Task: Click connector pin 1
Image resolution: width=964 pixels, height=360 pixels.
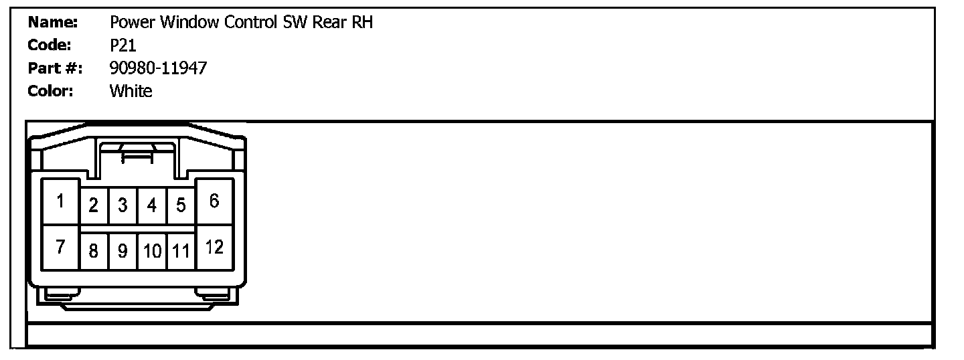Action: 60,201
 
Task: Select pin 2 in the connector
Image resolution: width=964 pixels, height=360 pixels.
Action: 94,205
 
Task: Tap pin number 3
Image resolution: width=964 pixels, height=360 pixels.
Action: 123,205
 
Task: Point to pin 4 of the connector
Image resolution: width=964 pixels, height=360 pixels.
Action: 152,205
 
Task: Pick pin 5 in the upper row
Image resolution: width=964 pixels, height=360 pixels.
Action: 181,205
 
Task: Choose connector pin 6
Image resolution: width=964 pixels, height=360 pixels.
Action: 214,201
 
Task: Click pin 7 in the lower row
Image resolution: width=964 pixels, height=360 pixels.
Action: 60,247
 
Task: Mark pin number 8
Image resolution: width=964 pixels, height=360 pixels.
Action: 94,251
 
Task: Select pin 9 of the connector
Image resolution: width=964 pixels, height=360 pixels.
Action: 123,251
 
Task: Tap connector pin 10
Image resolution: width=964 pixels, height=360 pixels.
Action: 152,251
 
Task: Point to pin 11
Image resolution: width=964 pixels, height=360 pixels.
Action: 181,251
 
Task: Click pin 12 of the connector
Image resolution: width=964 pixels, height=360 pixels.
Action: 214,247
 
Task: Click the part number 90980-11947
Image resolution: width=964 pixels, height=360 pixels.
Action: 158,68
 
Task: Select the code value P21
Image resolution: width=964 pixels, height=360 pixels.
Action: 123,45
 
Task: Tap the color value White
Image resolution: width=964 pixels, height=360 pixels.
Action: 131,91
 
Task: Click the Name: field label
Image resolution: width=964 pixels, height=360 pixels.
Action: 53,22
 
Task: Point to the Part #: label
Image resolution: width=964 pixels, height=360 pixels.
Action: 55,68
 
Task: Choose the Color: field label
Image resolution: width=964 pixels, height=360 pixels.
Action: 50,91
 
